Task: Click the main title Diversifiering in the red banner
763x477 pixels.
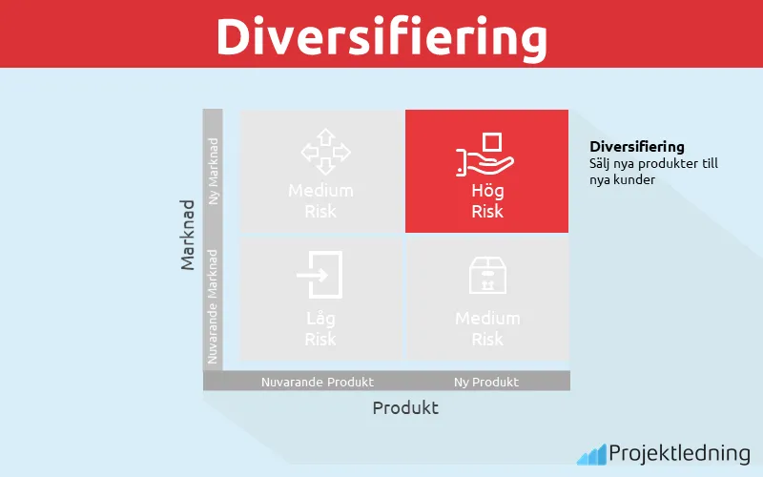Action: pyautogui.click(x=381, y=35)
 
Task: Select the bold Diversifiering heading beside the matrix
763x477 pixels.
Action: pyautogui.click(x=637, y=147)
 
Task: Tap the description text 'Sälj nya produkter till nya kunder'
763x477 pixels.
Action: pyautogui.click(x=653, y=171)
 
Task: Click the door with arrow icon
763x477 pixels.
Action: pyautogui.click(x=320, y=275)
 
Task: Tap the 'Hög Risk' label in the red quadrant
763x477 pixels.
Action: pyautogui.click(x=487, y=200)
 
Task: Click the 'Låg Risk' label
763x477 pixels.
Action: pyautogui.click(x=320, y=328)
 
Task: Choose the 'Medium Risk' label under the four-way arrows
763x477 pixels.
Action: pyautogui.click(x=320, y=200)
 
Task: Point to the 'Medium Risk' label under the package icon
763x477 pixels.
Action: pyautogui.click(x=487, y=328)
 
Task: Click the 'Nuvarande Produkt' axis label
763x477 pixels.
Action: pyautogui.click(x=318, y=382)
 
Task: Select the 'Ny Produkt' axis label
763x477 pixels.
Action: pyautogui.click(x=486, y=382)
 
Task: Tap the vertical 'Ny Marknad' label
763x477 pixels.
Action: pyautogui.click(x=213, y=171)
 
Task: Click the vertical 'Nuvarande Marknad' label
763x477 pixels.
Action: pyautogui.click(x=213, y=305)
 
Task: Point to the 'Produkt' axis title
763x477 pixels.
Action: pyautogui.click(x=405, y=407)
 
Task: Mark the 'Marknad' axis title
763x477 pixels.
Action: pyautogui.click(x=189, y=235)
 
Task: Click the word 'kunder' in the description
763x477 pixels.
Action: pyautogui.click(x=636, y=178)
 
